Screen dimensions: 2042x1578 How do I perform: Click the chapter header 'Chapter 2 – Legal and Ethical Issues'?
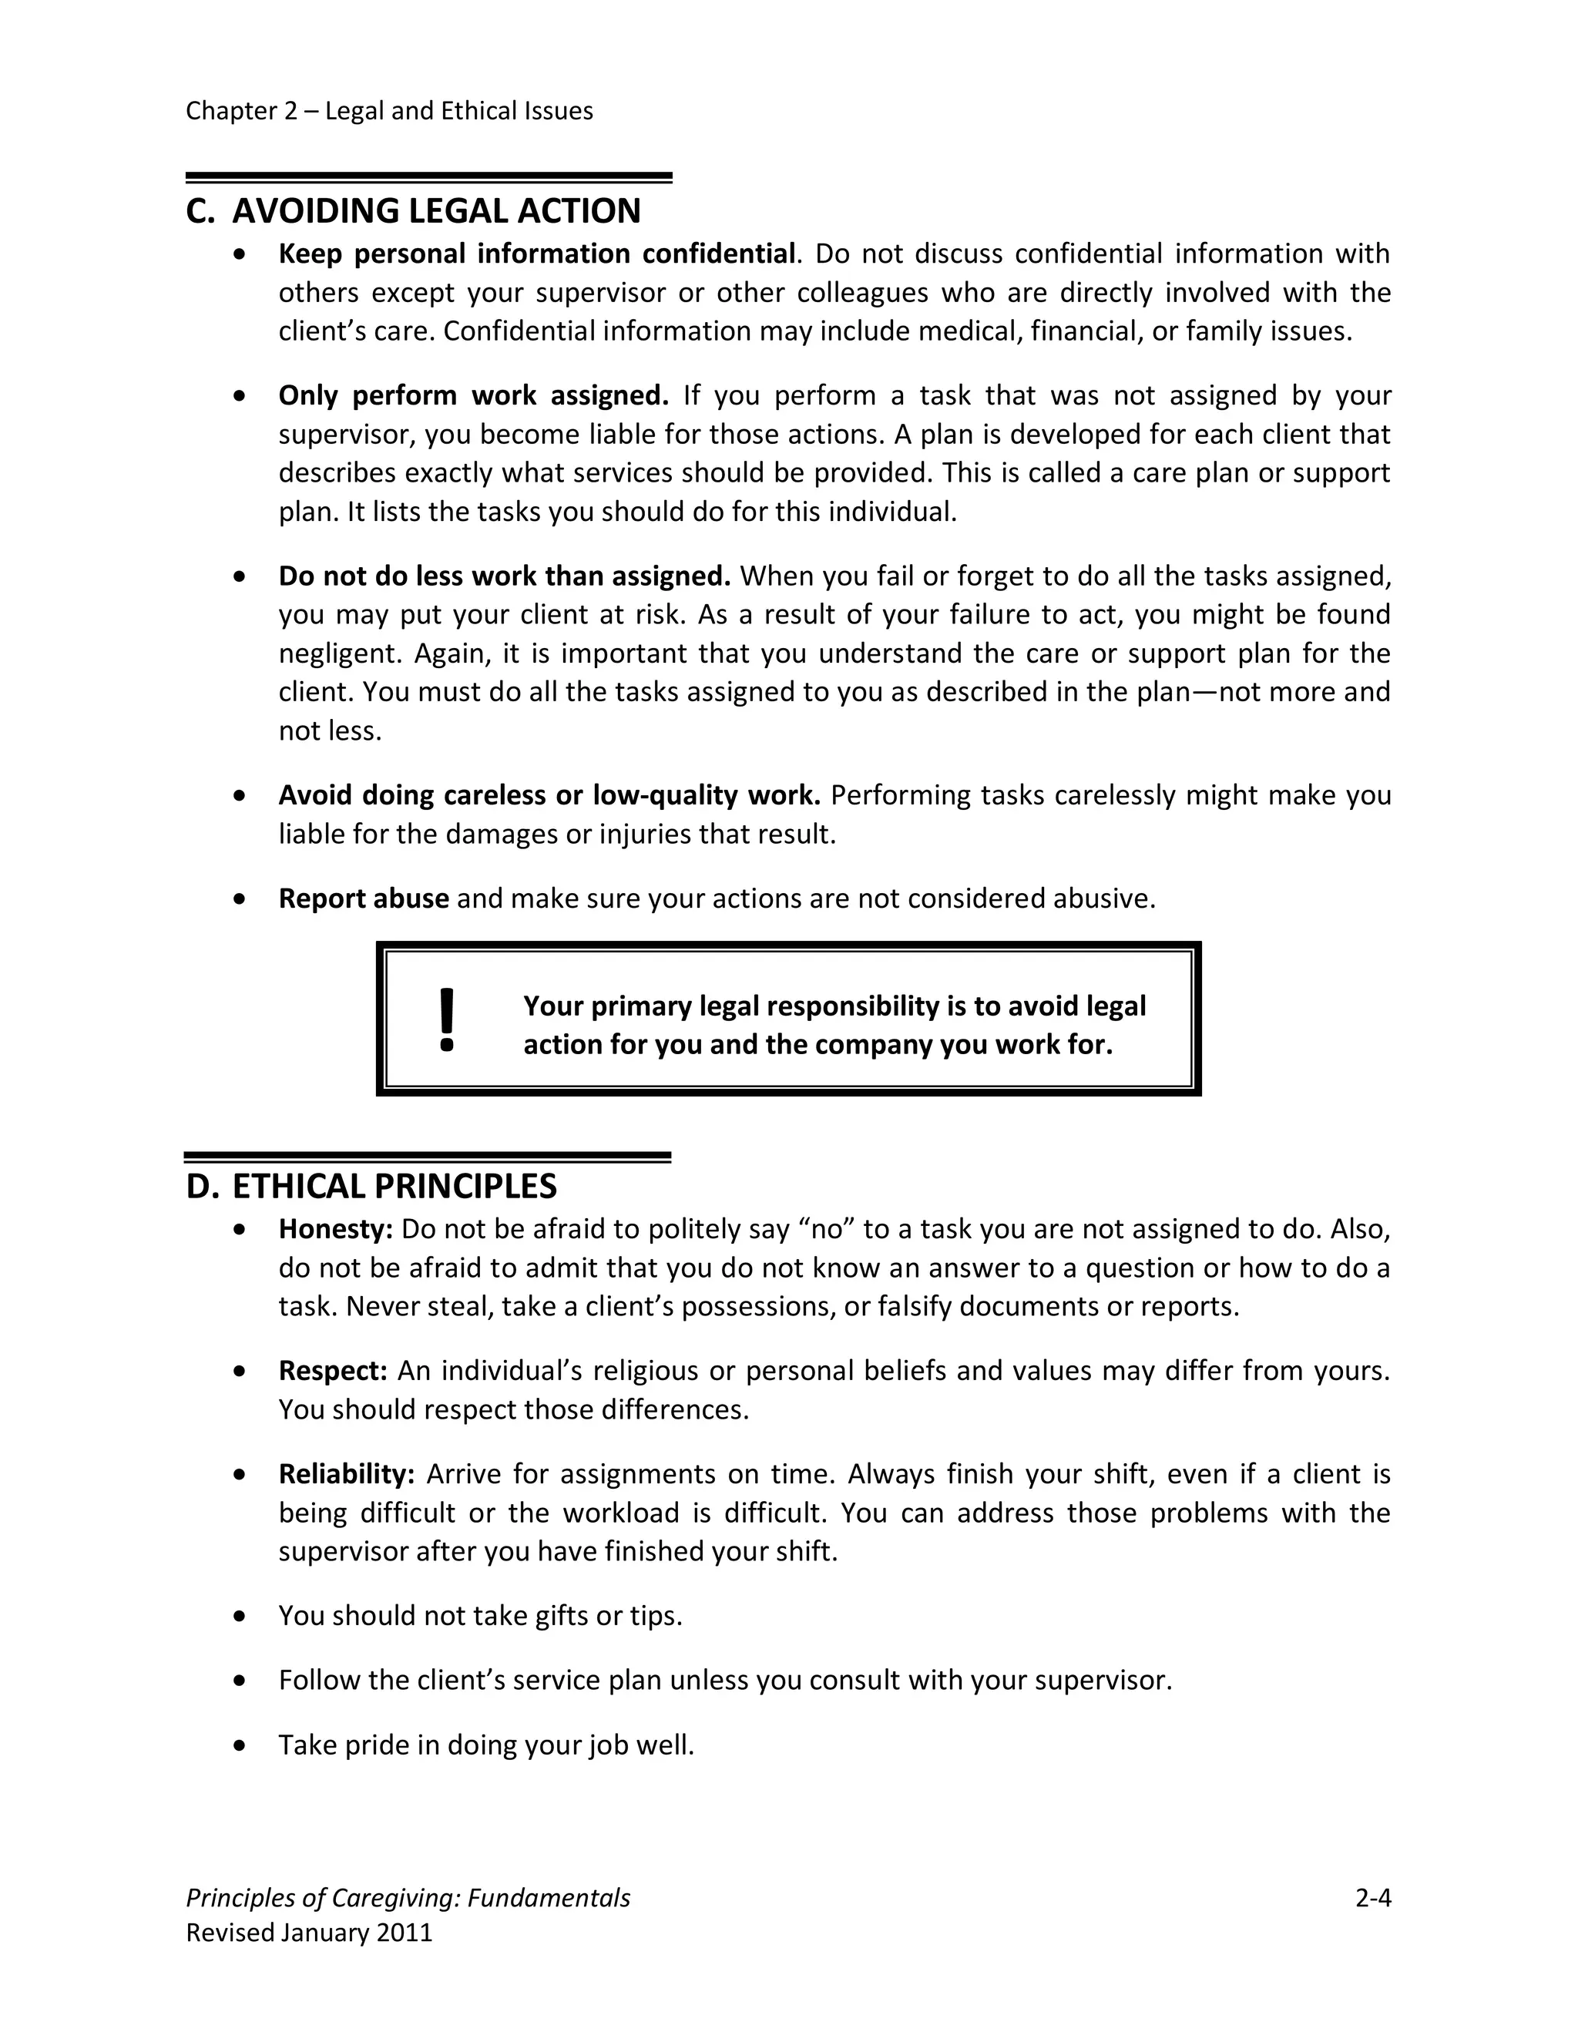(x=389, y=111)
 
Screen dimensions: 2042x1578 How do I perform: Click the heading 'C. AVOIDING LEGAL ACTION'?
(x=413, y=211)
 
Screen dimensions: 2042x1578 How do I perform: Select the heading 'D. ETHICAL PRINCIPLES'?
(x=371, y=1187)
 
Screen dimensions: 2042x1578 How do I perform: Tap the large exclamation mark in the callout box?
(x=447, y=1020)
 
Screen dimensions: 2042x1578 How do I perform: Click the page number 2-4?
(x=1373, y=1898)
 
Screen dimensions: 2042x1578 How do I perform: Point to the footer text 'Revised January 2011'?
(x=310, y=1933)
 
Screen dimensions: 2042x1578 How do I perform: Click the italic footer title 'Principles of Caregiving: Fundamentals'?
(x=408, y=1898)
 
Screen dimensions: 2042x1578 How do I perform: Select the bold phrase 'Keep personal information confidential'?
(x=536, y=254)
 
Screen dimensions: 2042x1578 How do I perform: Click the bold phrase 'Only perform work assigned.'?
(x=473, y=396)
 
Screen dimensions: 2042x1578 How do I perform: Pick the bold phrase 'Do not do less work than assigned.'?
(x=504, y=576)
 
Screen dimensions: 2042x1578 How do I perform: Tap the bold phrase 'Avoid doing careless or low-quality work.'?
(x=549, y=796)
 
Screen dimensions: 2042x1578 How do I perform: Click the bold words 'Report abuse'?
(x=364, y=898)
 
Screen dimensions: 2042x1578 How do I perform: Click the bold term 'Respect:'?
(x=333, y=1371)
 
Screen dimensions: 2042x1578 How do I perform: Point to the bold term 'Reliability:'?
(x=346, y=1474)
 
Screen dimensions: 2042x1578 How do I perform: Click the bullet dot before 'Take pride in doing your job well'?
(x=241, y=1745)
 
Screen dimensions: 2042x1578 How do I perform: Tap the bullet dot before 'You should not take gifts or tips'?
(x=241, y=1617)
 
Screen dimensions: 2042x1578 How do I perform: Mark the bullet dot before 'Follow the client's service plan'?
(x=241, y=1681)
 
